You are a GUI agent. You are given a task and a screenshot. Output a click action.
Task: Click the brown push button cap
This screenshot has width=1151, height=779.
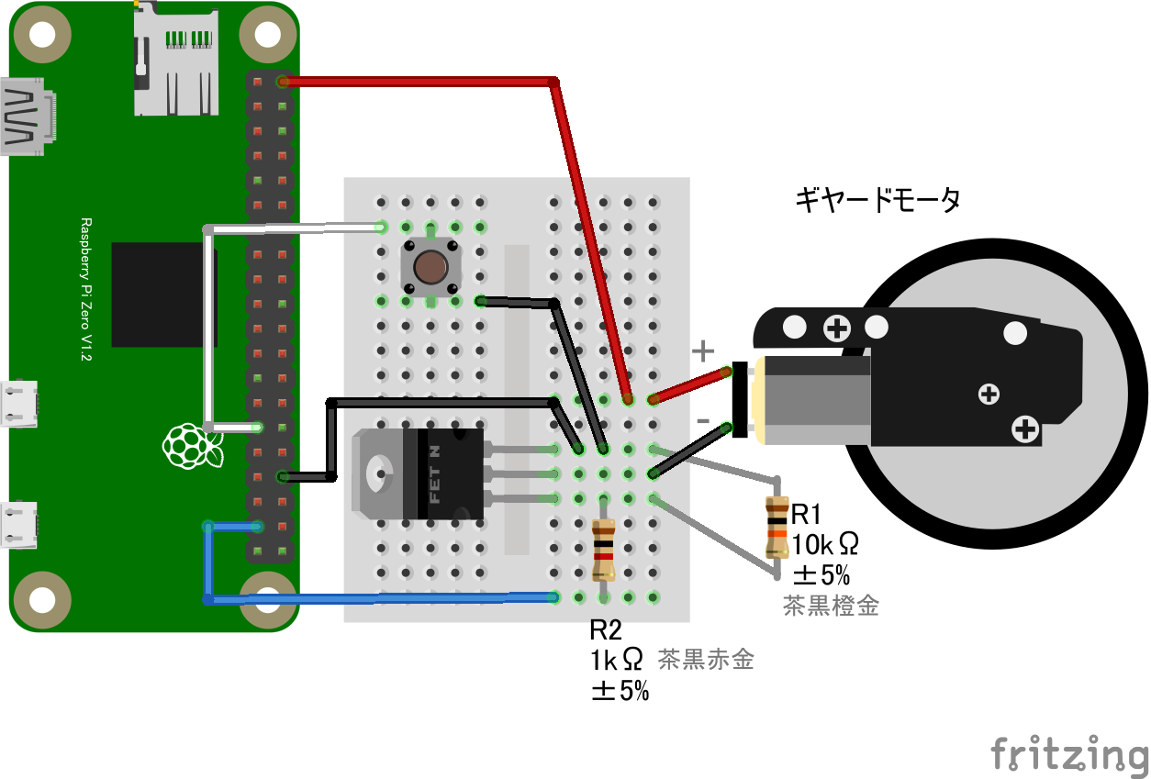430,268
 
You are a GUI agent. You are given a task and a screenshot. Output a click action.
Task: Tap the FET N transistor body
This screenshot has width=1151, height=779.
450,473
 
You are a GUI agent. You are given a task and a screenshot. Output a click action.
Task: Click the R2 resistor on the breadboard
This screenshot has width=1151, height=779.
603,549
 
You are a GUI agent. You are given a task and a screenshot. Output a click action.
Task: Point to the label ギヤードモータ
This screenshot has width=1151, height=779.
877,200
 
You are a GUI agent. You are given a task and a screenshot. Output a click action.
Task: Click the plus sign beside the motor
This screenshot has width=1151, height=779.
702,350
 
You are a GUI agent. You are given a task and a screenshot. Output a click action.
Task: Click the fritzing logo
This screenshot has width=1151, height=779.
1068,754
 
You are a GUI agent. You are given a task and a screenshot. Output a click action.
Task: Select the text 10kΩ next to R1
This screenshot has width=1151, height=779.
825,545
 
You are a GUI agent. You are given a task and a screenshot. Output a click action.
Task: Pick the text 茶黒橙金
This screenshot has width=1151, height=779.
831,606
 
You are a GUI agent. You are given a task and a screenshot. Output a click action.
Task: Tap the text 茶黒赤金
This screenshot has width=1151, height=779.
706,659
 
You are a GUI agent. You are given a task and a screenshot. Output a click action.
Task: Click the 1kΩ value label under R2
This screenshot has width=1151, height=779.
617,660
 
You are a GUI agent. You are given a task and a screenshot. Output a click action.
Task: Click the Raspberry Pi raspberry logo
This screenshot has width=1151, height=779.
192,447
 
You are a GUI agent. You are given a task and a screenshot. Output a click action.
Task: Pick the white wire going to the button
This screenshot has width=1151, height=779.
294,227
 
